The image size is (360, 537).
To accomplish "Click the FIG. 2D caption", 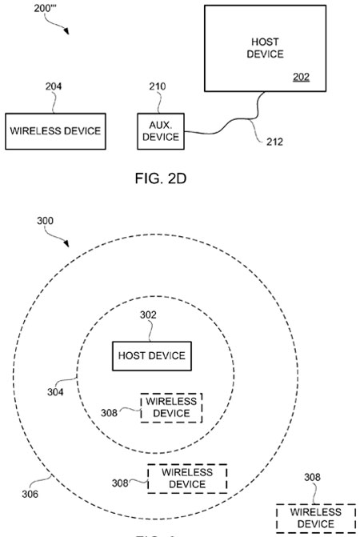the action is click(161, 178).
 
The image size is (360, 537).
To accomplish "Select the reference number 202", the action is click(301, 77).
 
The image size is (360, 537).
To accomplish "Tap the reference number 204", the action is click(54, 86).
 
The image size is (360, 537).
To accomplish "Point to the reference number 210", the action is click(158, 86).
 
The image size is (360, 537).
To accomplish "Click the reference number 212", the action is click(274, 142).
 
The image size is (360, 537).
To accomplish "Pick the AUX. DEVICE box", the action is click(161, 131).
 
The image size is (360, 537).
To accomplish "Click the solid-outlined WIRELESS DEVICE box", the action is click(55, 131).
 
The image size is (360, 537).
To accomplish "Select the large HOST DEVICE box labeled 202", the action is click(266, 48).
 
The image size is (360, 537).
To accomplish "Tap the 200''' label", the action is click(45, 8).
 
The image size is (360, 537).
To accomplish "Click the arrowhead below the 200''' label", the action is click(66, 31).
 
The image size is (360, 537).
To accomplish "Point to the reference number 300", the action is click(45, 221).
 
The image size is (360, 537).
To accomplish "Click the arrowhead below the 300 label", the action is click(66, 243).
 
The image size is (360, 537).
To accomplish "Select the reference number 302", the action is click(148, 315).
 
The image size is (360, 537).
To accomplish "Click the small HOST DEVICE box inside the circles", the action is click(152, 356).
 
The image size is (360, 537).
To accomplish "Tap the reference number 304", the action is click(55, 392).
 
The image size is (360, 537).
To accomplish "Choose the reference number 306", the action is click(30, 494).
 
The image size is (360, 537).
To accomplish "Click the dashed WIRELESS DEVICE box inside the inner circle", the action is click(171, 407).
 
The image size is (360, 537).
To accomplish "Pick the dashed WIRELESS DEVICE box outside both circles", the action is click(315, 518).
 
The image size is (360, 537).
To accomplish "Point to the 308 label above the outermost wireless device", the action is click(313, 477).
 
